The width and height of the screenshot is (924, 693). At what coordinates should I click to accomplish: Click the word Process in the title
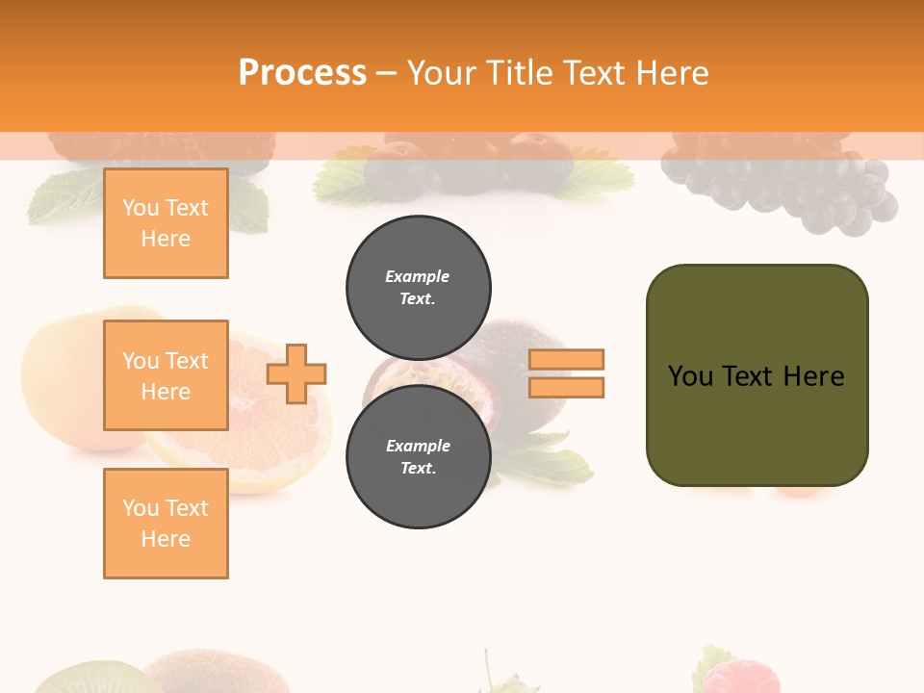302,73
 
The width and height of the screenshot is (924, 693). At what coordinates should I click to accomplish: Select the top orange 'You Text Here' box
166,223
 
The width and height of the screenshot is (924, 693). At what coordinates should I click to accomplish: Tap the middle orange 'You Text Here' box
166,375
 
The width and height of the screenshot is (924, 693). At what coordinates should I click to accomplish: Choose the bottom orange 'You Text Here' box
166,524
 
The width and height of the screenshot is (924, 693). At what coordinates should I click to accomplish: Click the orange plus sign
296,373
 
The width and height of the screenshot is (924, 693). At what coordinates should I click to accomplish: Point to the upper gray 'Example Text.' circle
418,288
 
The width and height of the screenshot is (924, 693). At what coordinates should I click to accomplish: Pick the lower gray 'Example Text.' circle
418,457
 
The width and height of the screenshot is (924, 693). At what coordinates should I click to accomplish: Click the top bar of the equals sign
566,360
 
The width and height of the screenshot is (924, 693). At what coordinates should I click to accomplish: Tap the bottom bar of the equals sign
566,388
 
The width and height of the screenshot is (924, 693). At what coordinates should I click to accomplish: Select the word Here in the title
669,73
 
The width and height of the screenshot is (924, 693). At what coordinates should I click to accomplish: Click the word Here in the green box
814,376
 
